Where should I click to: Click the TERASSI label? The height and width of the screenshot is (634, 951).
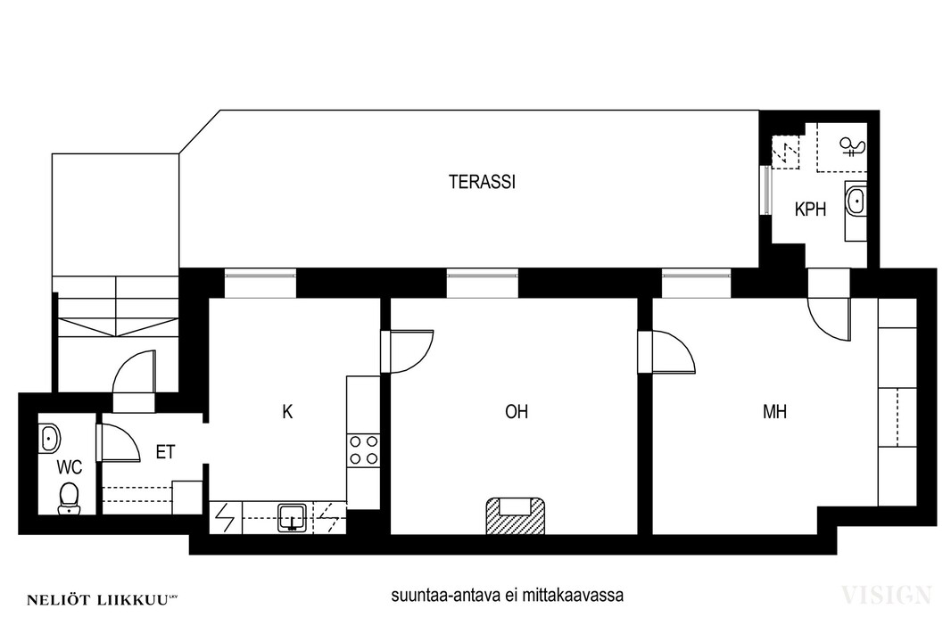coord(482,182)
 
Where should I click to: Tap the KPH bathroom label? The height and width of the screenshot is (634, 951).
coord(810,210)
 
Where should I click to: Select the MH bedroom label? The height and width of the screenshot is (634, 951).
coord(774,412)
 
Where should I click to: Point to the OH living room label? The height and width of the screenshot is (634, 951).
coord(517,412)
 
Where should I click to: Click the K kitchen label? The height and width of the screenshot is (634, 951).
coord(287,412)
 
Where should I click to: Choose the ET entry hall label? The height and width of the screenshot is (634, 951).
coord(166,452)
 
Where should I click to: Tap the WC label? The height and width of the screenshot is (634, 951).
coord(70,467)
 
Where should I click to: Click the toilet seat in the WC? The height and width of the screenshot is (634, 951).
coord(69,498)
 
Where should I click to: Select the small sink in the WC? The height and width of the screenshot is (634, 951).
coord(49,438)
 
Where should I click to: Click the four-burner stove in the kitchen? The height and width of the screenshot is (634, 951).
coord(363,450)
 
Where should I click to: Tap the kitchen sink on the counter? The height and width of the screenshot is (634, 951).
coord(293,518)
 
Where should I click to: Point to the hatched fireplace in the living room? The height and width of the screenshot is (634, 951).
coord(515,515)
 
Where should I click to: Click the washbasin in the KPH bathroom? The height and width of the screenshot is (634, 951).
coord(856,201)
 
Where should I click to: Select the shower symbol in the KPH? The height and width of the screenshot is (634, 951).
coord(851,146)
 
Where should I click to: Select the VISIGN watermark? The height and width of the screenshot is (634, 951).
coord(886,595)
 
